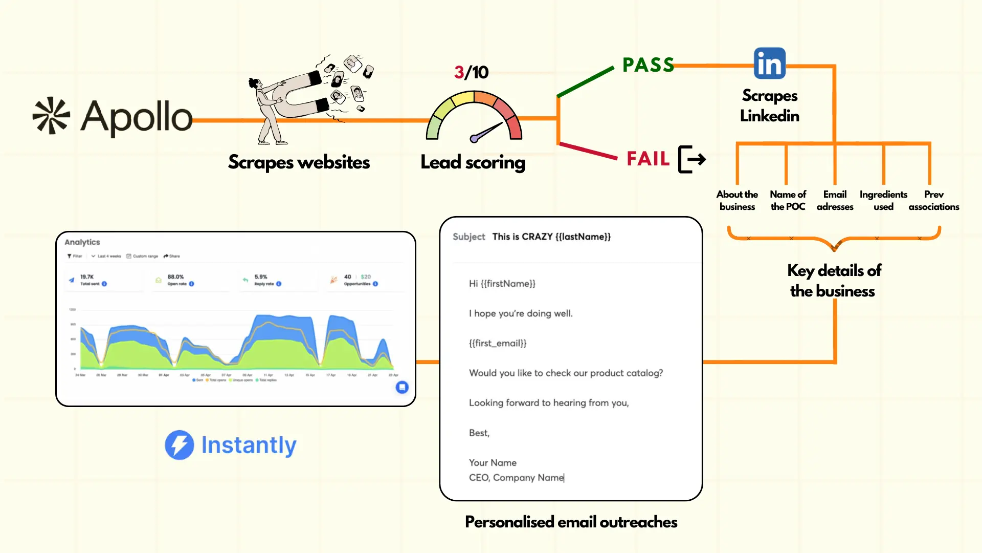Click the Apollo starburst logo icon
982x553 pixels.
coord(51,116)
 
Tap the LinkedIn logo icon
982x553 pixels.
coord(769,63)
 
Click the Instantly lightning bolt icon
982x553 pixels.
coord(180,445)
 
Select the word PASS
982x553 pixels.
coord(648,65)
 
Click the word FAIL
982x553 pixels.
coord(648,159)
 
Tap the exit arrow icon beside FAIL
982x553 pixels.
coord(692,159)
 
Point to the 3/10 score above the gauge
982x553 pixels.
coord(471,72)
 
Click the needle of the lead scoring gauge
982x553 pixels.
coord(487,131)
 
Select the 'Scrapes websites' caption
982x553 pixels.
coord(299,162)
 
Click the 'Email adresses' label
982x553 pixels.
coord(835,200)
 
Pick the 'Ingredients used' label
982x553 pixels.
coord(883,200)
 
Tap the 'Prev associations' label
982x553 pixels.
coord(933,200)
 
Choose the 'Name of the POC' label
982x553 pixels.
coord(788,200)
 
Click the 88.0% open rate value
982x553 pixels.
coord(175,276)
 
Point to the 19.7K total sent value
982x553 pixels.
coord(87,276)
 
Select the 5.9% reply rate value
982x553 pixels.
coord(261,276)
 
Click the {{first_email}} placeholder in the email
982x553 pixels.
coord(498,343)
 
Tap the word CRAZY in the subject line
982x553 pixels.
coord(537,237)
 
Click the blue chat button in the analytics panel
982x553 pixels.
coord(402,387)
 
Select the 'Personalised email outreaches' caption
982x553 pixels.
coord(571,522)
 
